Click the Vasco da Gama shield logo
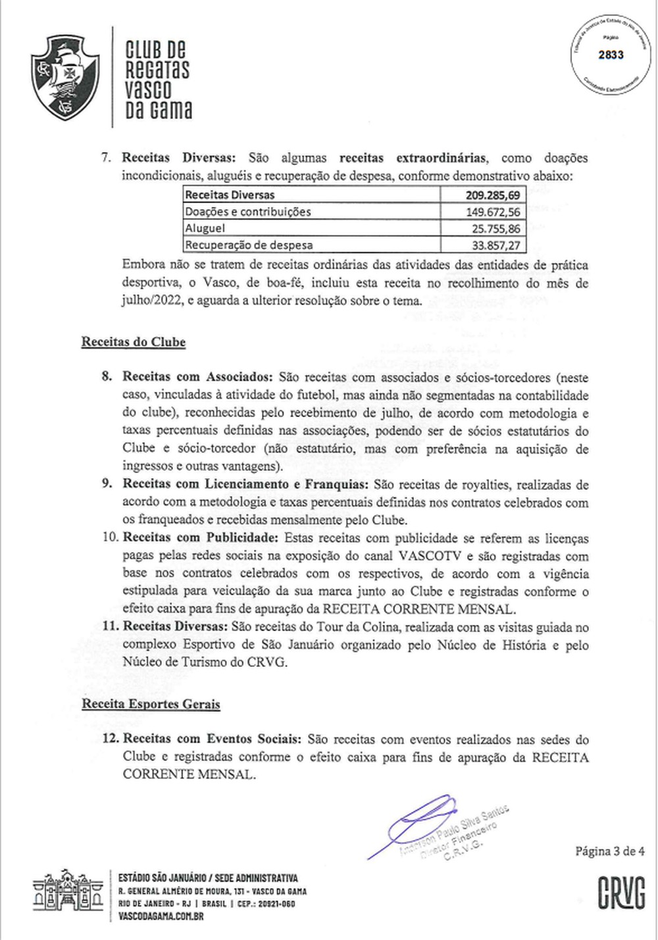[x=65, y=79]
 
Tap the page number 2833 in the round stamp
[x=611, y=55]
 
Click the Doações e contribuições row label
[x=247, y=212]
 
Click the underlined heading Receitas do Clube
[x=134, y=342]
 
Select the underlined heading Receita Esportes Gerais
[x=151, y=704]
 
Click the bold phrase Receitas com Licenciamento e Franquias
[x=245, y=485]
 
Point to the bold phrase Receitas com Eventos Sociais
[x=213, y=739]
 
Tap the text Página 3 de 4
[x=610, y=851]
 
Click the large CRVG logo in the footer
[x=621, y=893]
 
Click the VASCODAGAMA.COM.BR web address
[x=161, y=916]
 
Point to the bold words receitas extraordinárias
[x=413, y=158]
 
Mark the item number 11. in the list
[x=110, y=628]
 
